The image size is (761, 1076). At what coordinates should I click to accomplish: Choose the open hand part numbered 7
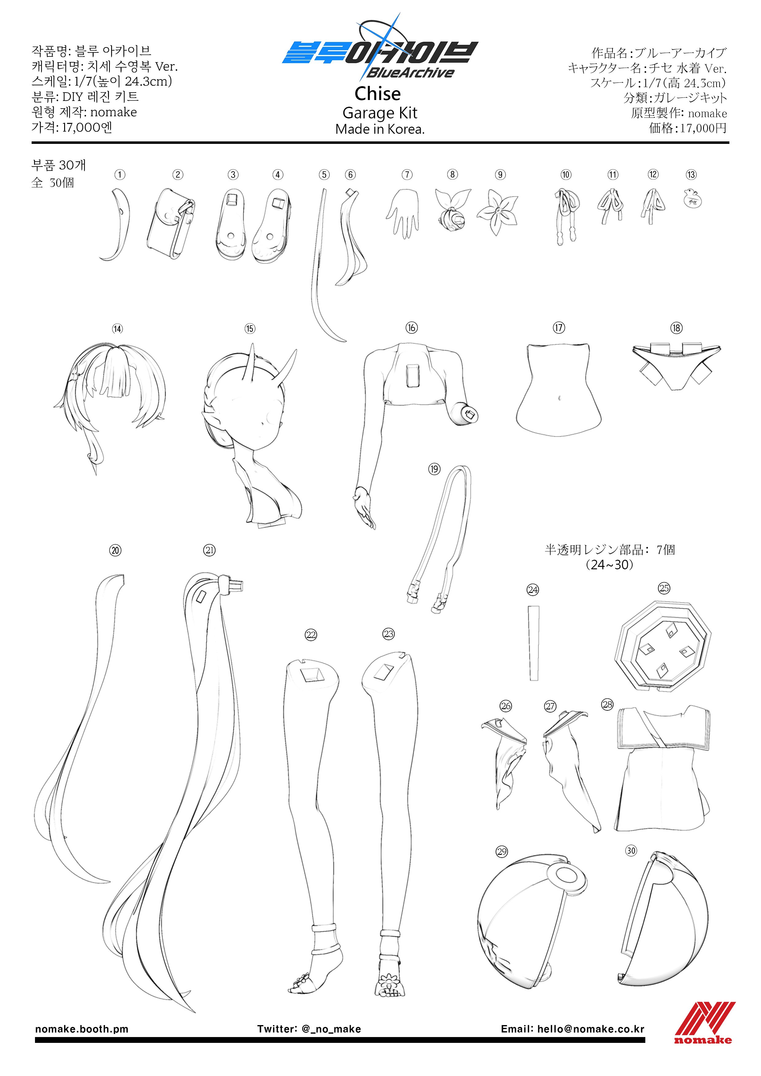pos(402,213)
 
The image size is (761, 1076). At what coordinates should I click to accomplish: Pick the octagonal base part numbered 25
pos(662,647)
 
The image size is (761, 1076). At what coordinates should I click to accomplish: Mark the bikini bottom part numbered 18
pos(676,366)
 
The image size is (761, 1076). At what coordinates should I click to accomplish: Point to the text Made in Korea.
pos(380,129)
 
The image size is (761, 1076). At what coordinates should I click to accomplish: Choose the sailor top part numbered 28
pos(662,769)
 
